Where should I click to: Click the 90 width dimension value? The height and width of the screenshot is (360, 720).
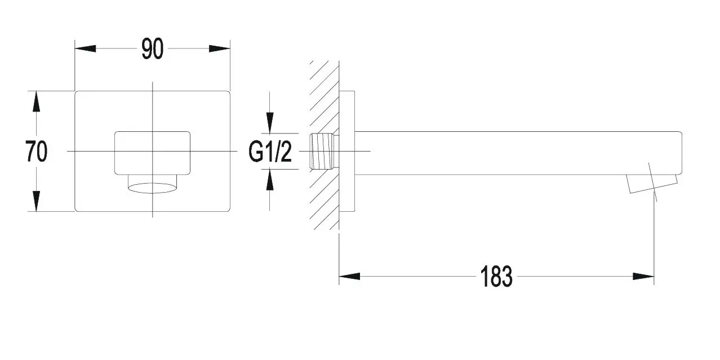coord(152,49)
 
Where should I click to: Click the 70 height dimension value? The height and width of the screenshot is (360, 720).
coord(36,152)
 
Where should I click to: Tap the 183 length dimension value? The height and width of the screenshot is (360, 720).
coord(496,277)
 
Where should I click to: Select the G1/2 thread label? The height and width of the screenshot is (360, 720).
coord(270,152)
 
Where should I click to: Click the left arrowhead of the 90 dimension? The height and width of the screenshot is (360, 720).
coord(85,48)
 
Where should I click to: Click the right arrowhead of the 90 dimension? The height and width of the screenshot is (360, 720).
coord(220,48)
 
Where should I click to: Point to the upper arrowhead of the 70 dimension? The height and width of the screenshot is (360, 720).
coord(36,101)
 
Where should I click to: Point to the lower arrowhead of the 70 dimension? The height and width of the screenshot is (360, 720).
coord(36,201)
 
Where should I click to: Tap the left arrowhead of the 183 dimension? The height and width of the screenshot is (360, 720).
coord(349,276)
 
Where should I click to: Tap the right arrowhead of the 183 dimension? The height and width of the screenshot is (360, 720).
coord(643,276)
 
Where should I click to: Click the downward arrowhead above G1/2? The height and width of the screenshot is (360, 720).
coord(270,123)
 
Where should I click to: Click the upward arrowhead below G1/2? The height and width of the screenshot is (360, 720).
coord(270,179)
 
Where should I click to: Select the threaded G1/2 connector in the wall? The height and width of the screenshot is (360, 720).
coord(324,151)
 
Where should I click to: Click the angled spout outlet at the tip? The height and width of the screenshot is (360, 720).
coord(652,184)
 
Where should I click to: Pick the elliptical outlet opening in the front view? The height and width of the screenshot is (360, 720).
coord(152,188)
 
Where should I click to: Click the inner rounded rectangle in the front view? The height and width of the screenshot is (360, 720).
coord(152,153)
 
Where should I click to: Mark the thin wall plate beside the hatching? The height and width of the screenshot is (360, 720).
coord(347,151)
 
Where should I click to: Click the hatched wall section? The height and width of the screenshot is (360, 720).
coord(325,145)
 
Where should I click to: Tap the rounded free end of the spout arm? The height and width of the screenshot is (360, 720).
coord(682,153)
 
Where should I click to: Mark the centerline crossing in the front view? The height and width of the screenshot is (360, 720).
coord(152,151)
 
